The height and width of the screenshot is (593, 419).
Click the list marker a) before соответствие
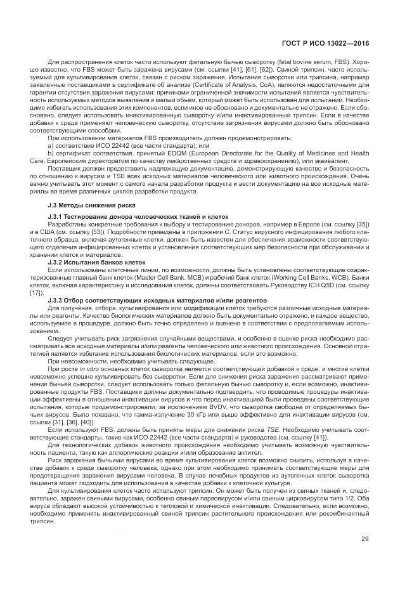51,146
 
